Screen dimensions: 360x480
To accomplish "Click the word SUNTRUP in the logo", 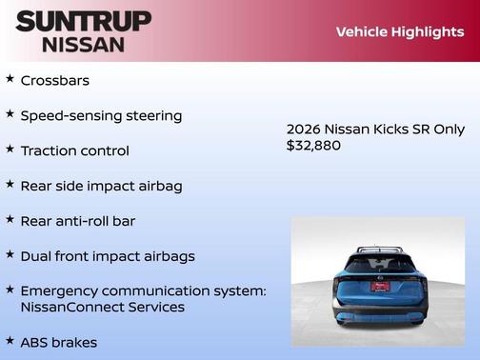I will [x=83, y=21].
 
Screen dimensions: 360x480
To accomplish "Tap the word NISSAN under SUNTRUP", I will [x=83, y=44].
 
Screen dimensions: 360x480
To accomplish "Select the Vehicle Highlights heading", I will [x=399, y=31].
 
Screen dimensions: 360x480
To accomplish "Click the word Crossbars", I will [x=55, y=81].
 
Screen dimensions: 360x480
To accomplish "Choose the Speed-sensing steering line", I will [x=101, y=116].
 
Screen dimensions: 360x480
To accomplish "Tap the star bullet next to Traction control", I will [x=10, y=150].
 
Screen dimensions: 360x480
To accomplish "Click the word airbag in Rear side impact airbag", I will [x=160, y=186].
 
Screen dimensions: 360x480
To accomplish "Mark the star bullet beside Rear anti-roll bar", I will [x=10, y=220].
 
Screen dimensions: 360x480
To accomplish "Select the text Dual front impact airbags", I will [x=108, y=256].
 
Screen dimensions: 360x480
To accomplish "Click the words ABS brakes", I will [x=59, y=342].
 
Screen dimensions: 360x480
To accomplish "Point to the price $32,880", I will [x=313, y=146].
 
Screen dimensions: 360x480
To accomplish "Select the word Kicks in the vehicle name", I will [x=389, y=130].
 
